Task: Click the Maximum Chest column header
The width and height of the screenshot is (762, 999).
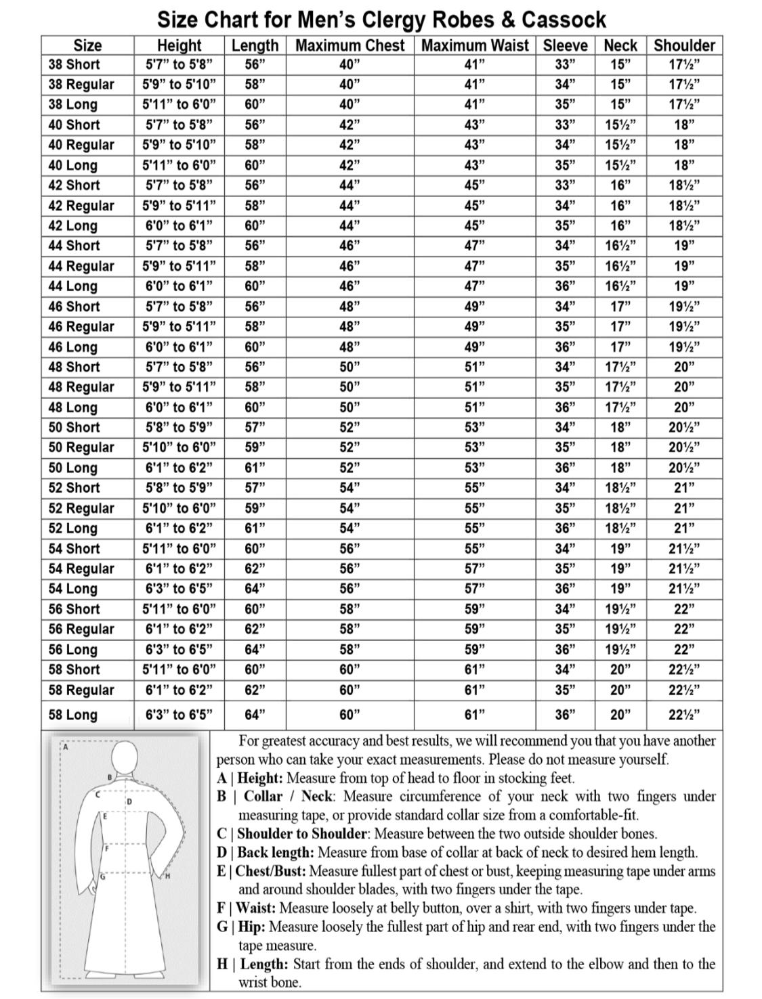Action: [350, 45]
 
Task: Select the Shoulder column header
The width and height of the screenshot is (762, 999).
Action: [684, 45]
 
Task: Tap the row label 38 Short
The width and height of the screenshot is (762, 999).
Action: [74, 65]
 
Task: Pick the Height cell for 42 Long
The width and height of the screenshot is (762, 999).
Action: [179, 225]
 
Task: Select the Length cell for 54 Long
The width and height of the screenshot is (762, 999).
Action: [254, 589]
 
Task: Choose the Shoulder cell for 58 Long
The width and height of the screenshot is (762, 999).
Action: [684, 715]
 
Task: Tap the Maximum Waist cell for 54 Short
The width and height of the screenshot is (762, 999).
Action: [475, 548]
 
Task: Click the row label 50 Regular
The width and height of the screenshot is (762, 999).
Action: [81, 447]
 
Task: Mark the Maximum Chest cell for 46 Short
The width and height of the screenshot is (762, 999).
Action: [350, 307]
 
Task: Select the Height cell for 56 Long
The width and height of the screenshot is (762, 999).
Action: [179, 650]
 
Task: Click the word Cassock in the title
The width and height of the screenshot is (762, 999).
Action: [564, 20]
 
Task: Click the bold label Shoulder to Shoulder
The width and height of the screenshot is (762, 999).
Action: [302, 834]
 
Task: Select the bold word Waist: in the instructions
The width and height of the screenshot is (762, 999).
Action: [257, 908]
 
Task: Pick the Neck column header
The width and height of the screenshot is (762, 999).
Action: [620, 45]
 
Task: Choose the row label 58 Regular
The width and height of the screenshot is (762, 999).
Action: [81, 690]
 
